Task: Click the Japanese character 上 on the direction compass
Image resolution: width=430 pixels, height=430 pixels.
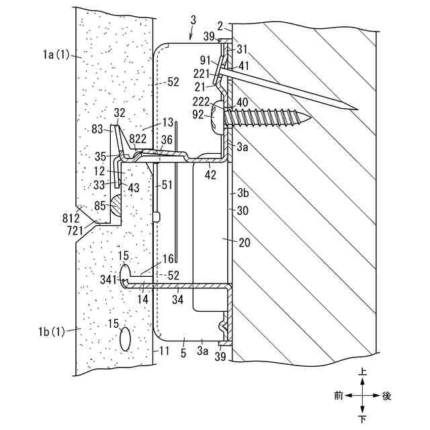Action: point(363,371)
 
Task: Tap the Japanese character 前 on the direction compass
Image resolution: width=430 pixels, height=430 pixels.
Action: point(338,396)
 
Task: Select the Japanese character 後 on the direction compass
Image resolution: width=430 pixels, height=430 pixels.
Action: point(386,396)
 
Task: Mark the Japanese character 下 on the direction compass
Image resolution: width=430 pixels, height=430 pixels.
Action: point(363,420)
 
